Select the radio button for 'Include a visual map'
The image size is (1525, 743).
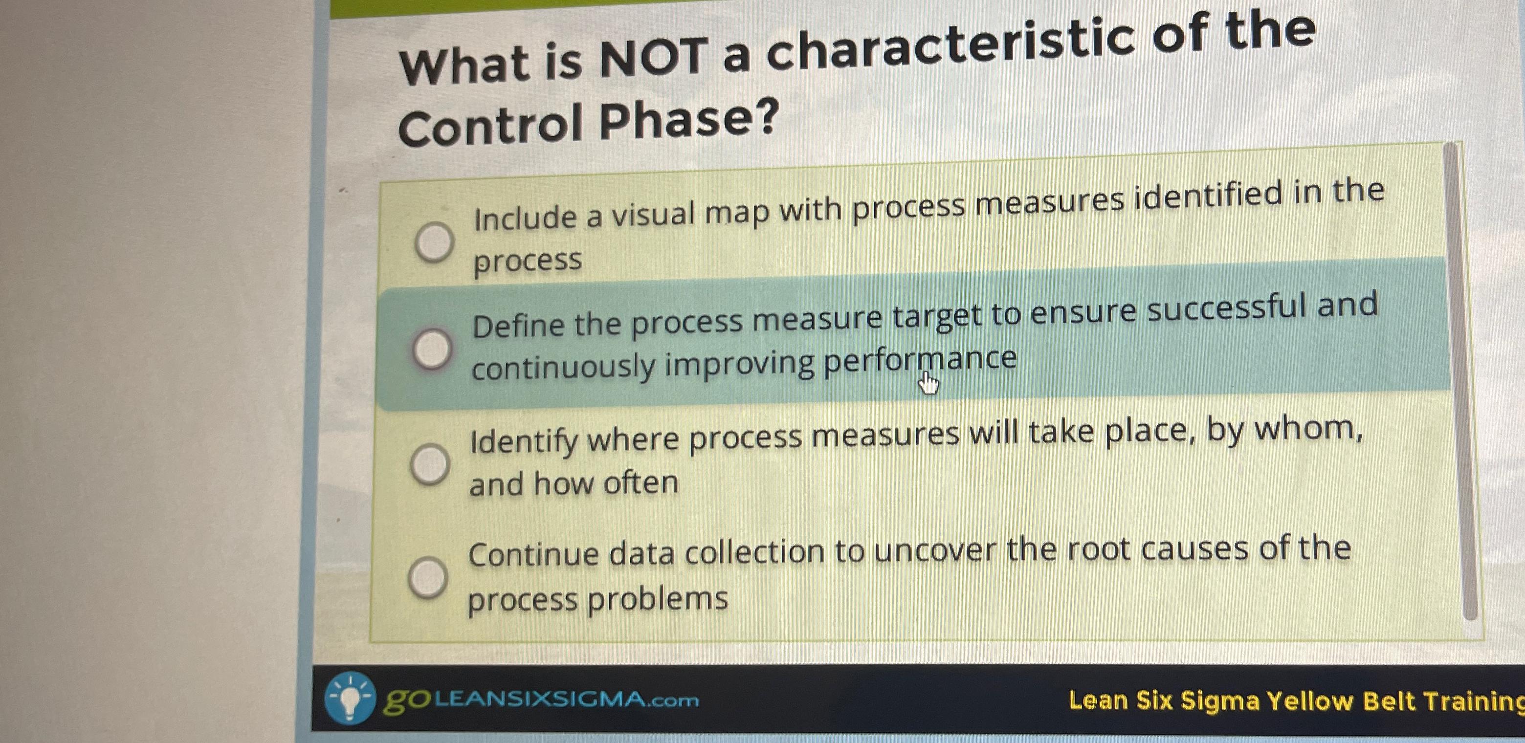[434, 241]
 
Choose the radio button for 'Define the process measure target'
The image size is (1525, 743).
[432, 349]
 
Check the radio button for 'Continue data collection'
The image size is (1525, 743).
[427, 577]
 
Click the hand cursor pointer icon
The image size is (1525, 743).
[929, 385]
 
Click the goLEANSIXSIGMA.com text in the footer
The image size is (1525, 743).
[541, 700]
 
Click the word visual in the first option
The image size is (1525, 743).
[654, 214]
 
